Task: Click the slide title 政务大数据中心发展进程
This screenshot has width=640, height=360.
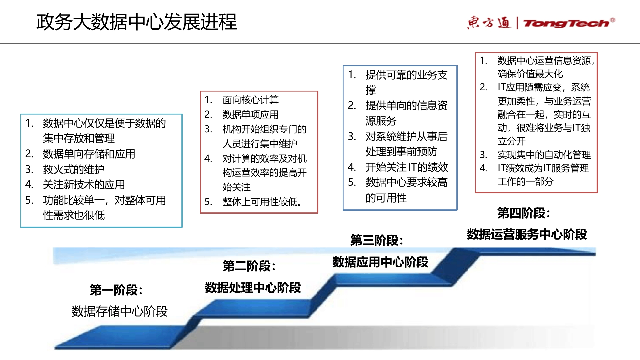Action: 137,22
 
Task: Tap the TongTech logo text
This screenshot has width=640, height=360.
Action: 566,23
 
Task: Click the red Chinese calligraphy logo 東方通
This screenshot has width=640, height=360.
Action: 489,22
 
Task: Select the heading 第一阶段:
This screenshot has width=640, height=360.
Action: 116,290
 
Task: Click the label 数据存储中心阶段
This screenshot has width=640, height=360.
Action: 119,311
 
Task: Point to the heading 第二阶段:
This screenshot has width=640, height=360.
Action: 249,266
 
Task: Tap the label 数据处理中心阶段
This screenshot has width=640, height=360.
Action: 253,287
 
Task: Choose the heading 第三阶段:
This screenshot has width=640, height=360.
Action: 377,240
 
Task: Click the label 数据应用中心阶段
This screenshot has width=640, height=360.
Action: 380,262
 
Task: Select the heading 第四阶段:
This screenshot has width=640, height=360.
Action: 524,213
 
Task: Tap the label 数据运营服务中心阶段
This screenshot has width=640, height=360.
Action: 527,234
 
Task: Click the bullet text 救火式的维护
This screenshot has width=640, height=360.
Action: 74,169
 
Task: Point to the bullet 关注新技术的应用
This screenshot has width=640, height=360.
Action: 84,184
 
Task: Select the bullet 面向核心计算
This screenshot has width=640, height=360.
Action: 250,100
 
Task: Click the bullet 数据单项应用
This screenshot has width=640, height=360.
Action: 250,114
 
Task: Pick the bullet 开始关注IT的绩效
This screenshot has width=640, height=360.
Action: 407,167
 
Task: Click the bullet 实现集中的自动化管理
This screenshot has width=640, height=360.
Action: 544,155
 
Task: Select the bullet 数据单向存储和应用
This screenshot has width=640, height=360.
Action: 89,154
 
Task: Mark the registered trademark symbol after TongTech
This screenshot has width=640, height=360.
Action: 613,20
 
